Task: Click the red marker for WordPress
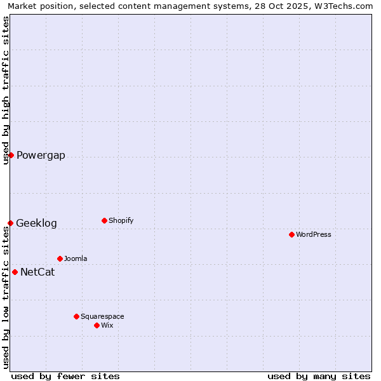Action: click(291, 234)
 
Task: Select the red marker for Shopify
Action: click(104, 220)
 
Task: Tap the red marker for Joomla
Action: click(60, 258)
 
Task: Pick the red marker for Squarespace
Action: click(76, 316)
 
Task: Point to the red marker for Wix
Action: click(97, 325)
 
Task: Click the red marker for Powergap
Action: click(11, 155)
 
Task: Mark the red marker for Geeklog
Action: click(10, 223)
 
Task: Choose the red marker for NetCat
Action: click(15, 272)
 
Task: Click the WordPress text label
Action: click(314, 234)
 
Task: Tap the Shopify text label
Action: click(121, 220)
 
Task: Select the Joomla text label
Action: click(76, 258)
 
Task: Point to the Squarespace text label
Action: click(102, 316)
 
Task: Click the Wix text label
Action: click(107, 325)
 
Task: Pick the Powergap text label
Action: click(41, 156)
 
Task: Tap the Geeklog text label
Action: click(36, 224)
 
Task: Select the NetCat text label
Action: click(37, 272)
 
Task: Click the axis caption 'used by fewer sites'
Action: click(65, 376)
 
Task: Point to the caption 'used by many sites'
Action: click(319, 376)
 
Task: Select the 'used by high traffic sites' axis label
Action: click(6, 90)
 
